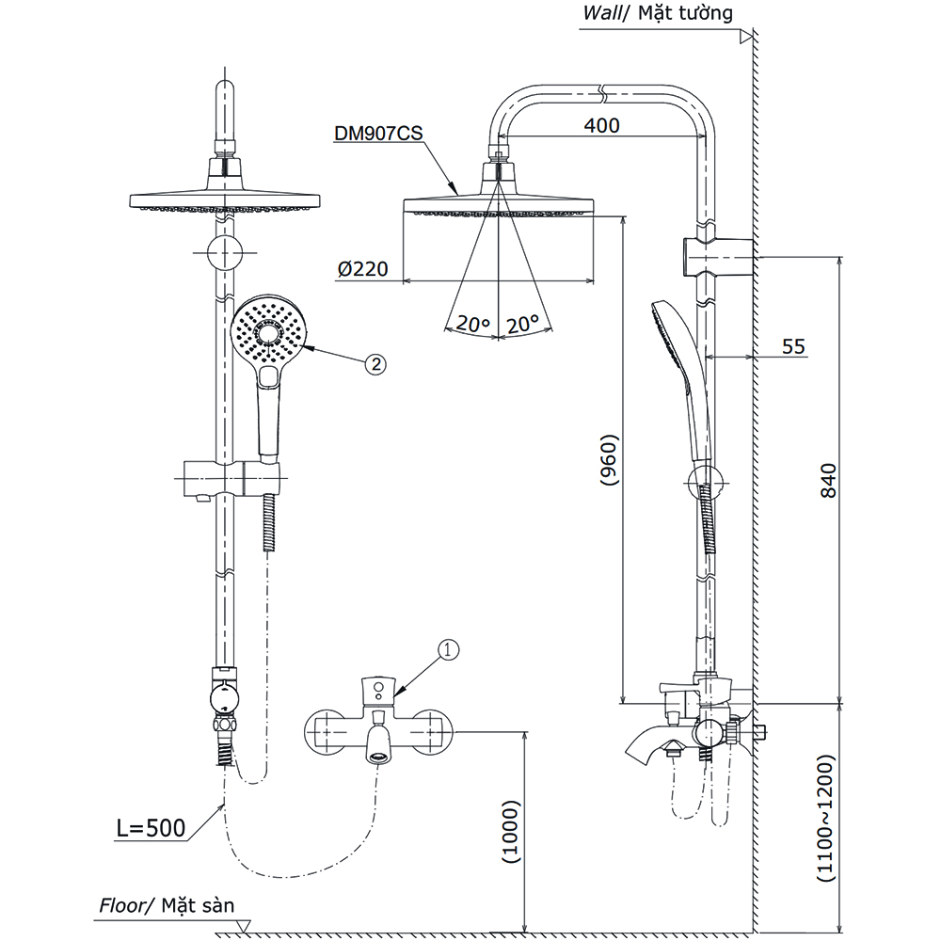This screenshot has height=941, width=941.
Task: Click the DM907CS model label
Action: (378, 134)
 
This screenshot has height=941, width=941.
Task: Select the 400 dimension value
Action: (602, 125)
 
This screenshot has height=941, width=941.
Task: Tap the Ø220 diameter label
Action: (363, 269)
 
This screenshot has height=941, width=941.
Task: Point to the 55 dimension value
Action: (794, 346)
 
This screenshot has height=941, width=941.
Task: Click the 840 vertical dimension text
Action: (828, 482)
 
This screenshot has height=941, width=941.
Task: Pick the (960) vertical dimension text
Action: (608, 460)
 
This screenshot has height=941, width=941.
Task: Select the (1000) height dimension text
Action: (509, 833)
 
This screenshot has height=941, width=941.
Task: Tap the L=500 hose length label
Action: (151, 829)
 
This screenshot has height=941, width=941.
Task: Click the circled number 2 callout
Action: (375, 364)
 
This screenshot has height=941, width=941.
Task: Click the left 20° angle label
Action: (472, 324)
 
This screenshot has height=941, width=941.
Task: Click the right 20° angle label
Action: (520, 324)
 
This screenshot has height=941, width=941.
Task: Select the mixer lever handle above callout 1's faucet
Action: (378, 691)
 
